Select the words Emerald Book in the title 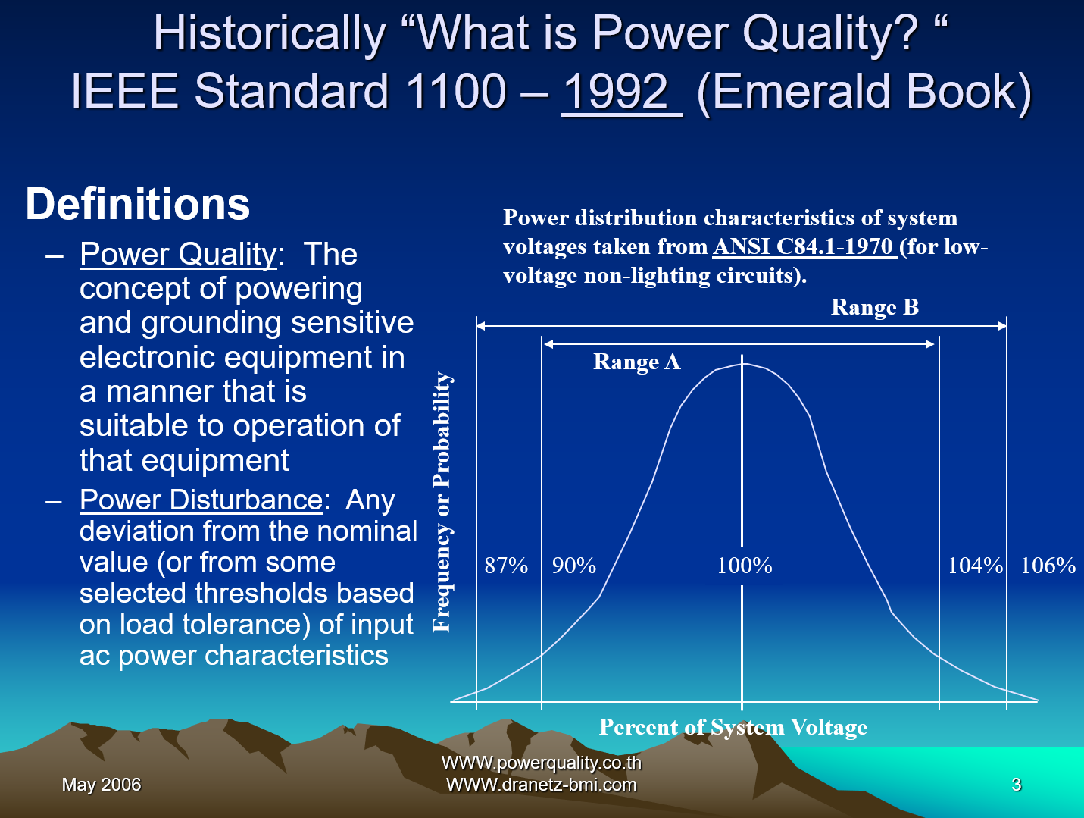864,92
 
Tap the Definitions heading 137,205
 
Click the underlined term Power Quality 178,254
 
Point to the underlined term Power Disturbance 201,500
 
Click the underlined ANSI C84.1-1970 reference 804,246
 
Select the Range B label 874,307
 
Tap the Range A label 636,362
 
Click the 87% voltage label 506,566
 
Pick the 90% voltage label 573,566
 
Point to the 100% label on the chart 744,566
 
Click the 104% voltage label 975,566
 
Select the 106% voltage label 1048,566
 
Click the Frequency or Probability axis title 442,502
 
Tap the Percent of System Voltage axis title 733,727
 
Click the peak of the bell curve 742,365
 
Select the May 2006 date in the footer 102,785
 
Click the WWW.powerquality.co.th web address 541,763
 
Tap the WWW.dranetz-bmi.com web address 541,785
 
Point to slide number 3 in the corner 1016,785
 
